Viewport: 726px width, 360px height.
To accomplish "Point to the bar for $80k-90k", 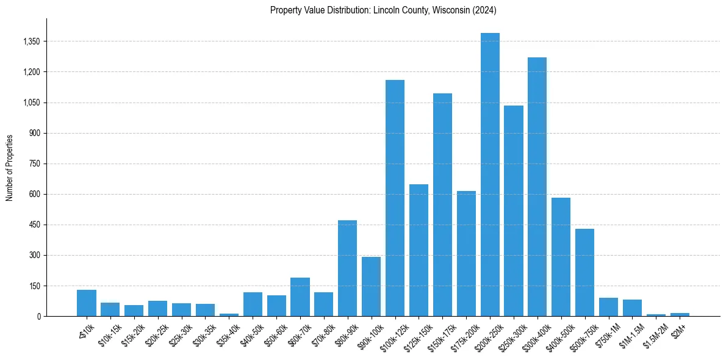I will click(x=347, y=268).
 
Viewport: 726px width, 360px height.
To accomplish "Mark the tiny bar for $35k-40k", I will click(x=229, y=314).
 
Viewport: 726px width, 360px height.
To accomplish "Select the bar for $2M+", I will click(x=680, y=314).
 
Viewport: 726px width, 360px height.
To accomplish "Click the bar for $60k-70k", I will click(x=300, y=297).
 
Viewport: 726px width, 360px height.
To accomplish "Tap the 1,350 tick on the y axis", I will click(x=31, y=41).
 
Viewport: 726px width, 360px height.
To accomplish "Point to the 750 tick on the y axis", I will click(x=34, y=164).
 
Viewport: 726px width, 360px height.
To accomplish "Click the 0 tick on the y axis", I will click(x=38, y=316).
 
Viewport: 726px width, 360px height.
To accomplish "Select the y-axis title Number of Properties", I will click(x=10, y=168).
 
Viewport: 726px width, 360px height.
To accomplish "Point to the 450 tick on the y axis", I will click(x=34, y=225).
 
